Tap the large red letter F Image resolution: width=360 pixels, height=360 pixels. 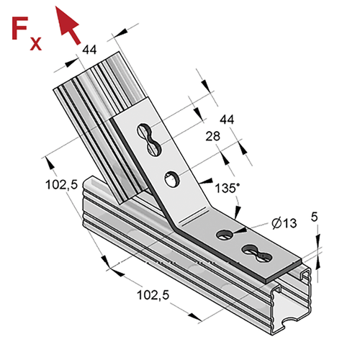[x=20, y=28]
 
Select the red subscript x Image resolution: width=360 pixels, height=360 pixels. [x=36, y=43]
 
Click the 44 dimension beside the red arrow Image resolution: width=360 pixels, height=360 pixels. [x=89, y=50]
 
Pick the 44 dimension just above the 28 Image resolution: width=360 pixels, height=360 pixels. [x=227, y=120]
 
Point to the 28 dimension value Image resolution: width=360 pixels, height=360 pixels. [x=212, y=136]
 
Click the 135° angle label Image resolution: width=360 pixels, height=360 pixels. [x=227, y=188]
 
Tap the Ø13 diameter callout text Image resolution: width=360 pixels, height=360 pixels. [x=284, y=223]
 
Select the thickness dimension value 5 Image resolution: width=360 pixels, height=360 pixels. [x=314, y=217]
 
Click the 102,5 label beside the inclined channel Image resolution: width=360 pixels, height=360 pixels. [x=62, y=185]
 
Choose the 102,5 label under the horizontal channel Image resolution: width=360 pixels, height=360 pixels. [x=153, y=295]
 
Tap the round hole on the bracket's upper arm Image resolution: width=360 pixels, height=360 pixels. [x=172, y=179]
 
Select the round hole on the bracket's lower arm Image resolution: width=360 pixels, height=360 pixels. [x=225, y=234]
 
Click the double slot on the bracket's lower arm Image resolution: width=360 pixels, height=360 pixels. [x=257, y=253]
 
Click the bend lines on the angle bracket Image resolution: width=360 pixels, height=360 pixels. [x=194, y=216]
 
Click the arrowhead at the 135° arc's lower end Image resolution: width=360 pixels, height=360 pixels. [x=237, y=212]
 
